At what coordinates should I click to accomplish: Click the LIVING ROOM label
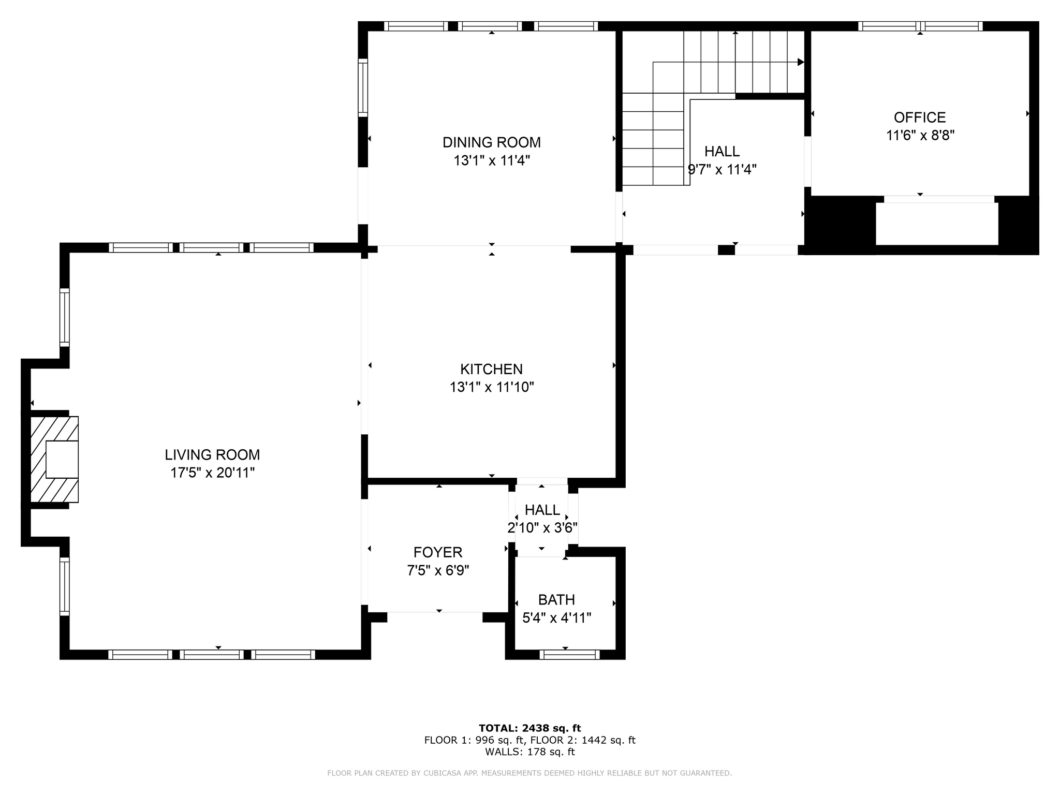coord(212,455)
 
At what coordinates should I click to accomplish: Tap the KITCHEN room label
coord(492,369)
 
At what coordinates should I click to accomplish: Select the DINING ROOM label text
coord(492,142)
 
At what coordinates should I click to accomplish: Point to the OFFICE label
coord(920,117)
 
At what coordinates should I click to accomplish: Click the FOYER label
coord(438,552)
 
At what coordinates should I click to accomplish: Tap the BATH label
coord(556,600)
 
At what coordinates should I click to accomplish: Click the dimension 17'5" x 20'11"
coord(213,473)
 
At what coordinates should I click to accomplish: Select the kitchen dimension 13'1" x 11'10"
coord(492,387)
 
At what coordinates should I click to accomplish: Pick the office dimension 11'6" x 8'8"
coord(920,136)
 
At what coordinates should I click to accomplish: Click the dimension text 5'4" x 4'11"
coord(557,618)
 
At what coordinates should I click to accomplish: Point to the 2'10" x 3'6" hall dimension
coord(542,528)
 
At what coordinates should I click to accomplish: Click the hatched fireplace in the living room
coord(54,459)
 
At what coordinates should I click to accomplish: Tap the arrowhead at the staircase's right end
coord(801,62)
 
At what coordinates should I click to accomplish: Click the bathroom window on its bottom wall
coord(569,655)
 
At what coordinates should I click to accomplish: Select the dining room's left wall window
coord(363,87)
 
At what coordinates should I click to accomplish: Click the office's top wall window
coord(920,26)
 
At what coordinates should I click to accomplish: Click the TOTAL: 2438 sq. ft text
coord(529,728)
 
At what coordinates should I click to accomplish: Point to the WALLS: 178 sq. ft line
coord(529,752)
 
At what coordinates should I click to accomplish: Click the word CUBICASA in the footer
coord(445,773)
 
